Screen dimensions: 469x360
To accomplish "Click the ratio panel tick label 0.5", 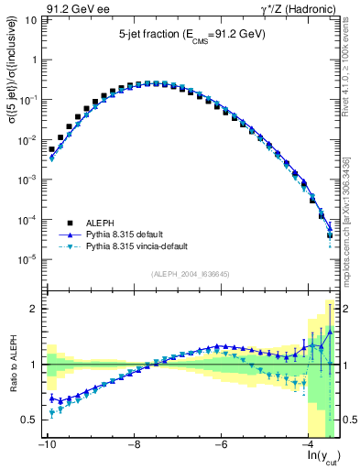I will pyautogui.click(x=27, y=420).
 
